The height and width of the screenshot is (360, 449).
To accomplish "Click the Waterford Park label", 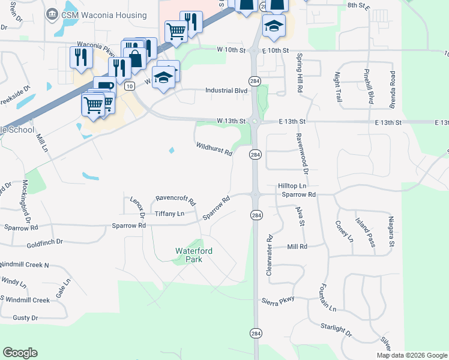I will tap(194, 255).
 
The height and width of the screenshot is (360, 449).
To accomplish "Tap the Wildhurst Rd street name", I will tap(214, 149).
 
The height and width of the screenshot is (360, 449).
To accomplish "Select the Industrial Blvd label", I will tap(226, 90).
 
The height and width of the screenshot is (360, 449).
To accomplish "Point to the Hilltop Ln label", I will tap(292, 186).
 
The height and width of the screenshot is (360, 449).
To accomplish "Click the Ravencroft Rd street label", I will tap(175, 199).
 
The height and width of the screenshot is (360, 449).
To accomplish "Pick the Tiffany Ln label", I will tap(169, 214).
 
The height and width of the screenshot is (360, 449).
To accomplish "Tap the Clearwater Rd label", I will tap(269, 255).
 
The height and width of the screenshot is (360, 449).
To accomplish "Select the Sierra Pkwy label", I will tap(277, 301).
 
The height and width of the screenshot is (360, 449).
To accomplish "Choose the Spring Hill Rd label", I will tap(299, 73).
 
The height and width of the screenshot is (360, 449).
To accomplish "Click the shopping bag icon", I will tap(136, 59).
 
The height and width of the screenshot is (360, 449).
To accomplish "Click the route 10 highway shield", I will tap(129, 86).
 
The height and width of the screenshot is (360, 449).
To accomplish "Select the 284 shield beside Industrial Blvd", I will tap(255, 80).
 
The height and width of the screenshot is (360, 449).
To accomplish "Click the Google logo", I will tap(20, 353).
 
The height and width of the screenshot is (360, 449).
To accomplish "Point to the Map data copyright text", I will tap(411, 355).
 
